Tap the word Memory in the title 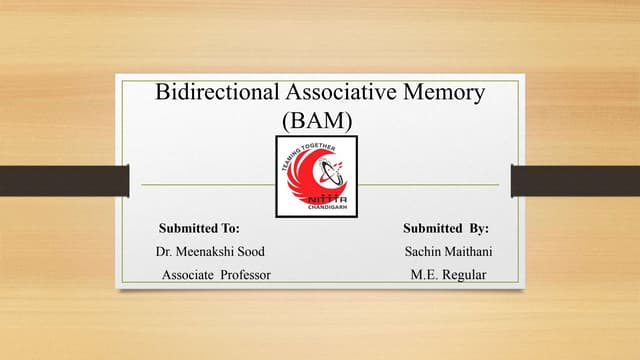[x=442, y=93]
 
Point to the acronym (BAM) [x=319, y=121]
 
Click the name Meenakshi [x=206, y=251]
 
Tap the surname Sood [x=250, y=251]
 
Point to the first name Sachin [x=424, y=251]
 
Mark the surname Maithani [x=470, y=251]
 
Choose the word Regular [x=465, y=273]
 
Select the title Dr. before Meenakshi [x=165, y=251]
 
